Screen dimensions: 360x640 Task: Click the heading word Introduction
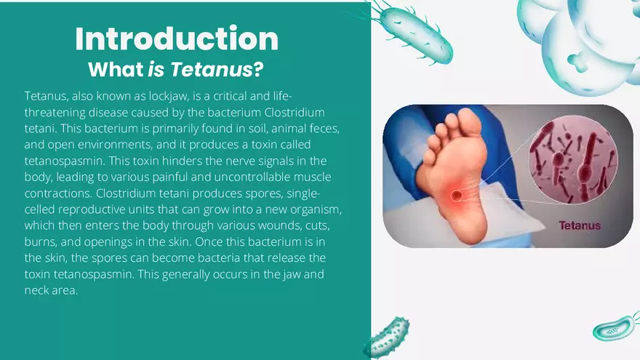tap(177, 39)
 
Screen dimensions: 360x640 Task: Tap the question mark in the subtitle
tap(258, 70)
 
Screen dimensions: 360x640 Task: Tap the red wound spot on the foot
tap(457, 196)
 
